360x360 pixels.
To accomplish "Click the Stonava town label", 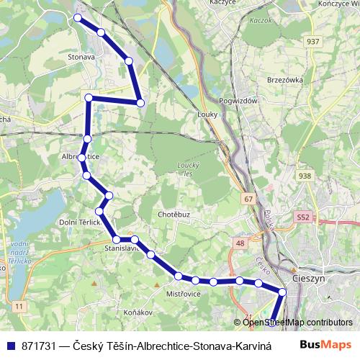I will tap(81, 55).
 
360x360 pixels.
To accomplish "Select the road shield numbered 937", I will tap(312, 41).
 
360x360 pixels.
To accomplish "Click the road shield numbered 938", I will tap(305, 176).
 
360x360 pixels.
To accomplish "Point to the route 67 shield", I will tap(249, 199).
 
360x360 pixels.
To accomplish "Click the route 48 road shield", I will tap(240, 243).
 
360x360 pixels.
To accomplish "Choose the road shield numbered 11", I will tap(19, 307).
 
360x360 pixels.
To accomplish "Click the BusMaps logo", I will tap(330, 346).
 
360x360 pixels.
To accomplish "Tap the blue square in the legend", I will tap(9, 346).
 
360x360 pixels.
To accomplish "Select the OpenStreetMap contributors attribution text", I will tap(297, 323).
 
